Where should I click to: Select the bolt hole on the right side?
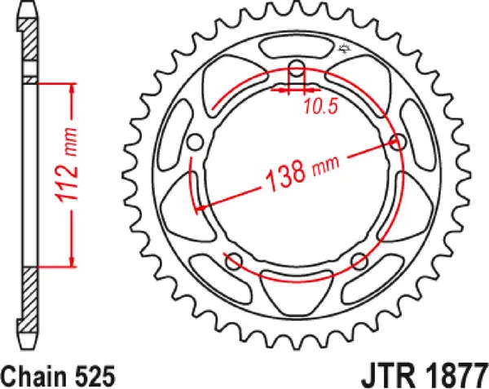399,143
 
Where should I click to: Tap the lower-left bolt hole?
233,261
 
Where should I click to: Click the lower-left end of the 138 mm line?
196,210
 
